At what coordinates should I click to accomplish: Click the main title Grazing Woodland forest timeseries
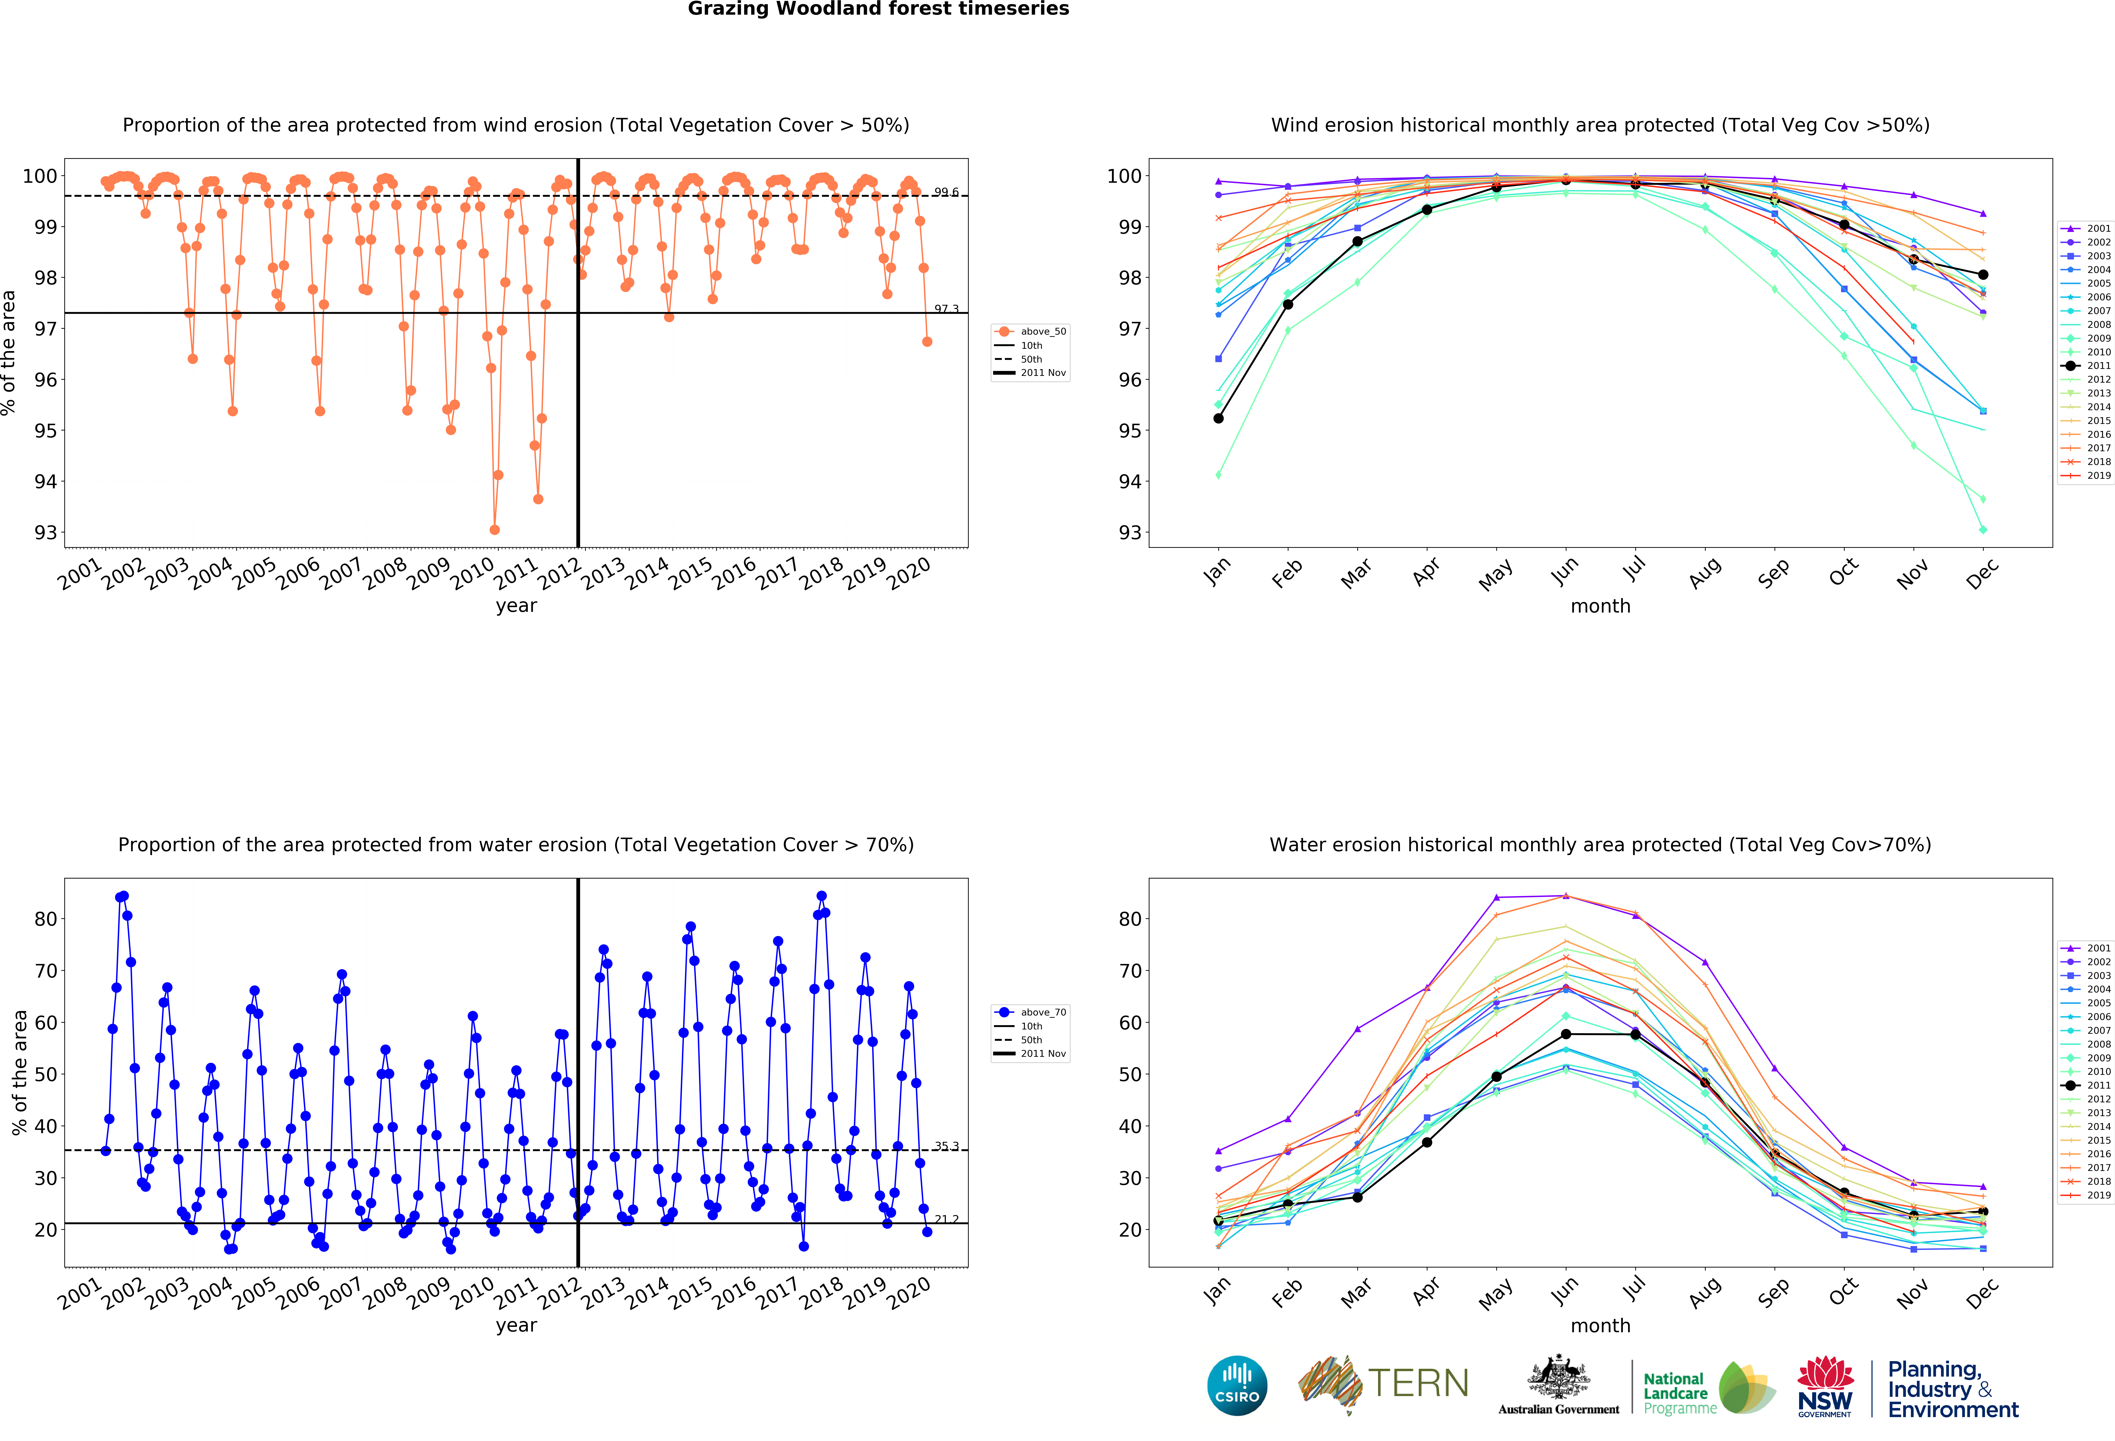coord(878,9)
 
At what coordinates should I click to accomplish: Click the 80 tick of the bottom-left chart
coord(46,919)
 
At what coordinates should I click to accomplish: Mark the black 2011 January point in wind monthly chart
coord(1218,419)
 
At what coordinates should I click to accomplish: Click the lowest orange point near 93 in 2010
coord(494,530)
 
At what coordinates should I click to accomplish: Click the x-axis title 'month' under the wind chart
coord(1600,606)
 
